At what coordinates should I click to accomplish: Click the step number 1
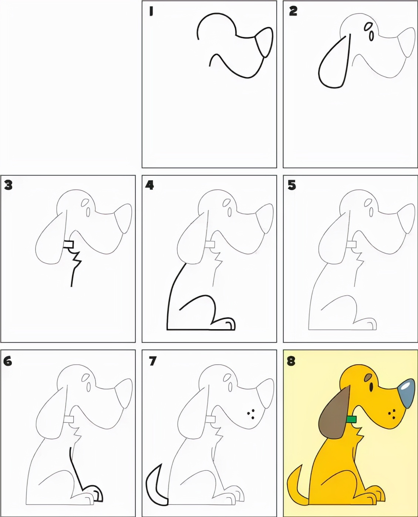pyautogui.click(x=151, y=11)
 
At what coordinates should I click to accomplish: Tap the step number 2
pyautogui.click(x=293, y=11)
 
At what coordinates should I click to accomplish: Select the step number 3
pyautogui.click(x=8, y=186)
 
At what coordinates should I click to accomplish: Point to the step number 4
pyautogui.click(x=150, y=186)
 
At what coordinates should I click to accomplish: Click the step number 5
pyautogui.click(x=292, y=186)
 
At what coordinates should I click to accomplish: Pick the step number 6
pyautogui.click(x=7, y=361)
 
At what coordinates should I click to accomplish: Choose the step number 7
pyautogui.click(x=152, y=361)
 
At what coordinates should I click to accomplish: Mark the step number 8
pyautogui.click(x=291, y=361)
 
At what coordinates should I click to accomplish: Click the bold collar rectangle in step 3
pyautogui.click(x=69, y=244)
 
